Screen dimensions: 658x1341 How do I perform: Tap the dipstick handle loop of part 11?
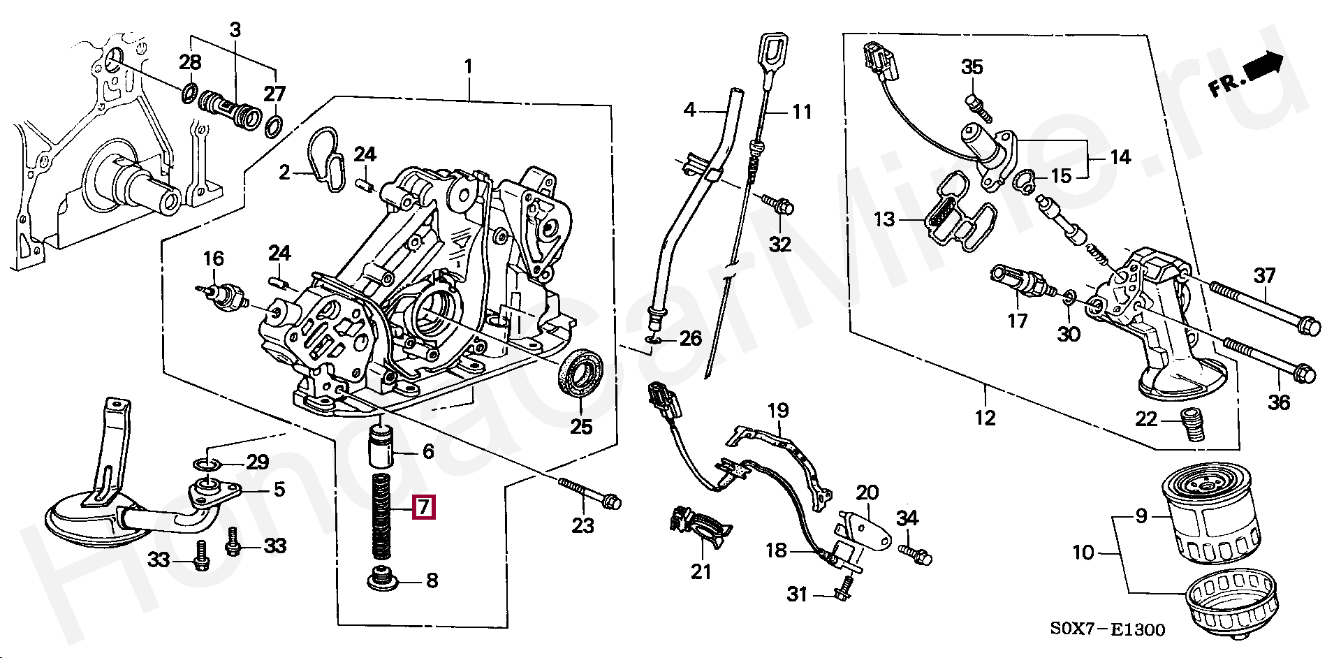click(x=770, y=53)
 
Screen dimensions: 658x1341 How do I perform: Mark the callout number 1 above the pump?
click(x=468, y=67)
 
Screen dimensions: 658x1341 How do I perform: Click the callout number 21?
click(x=701, y=571)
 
